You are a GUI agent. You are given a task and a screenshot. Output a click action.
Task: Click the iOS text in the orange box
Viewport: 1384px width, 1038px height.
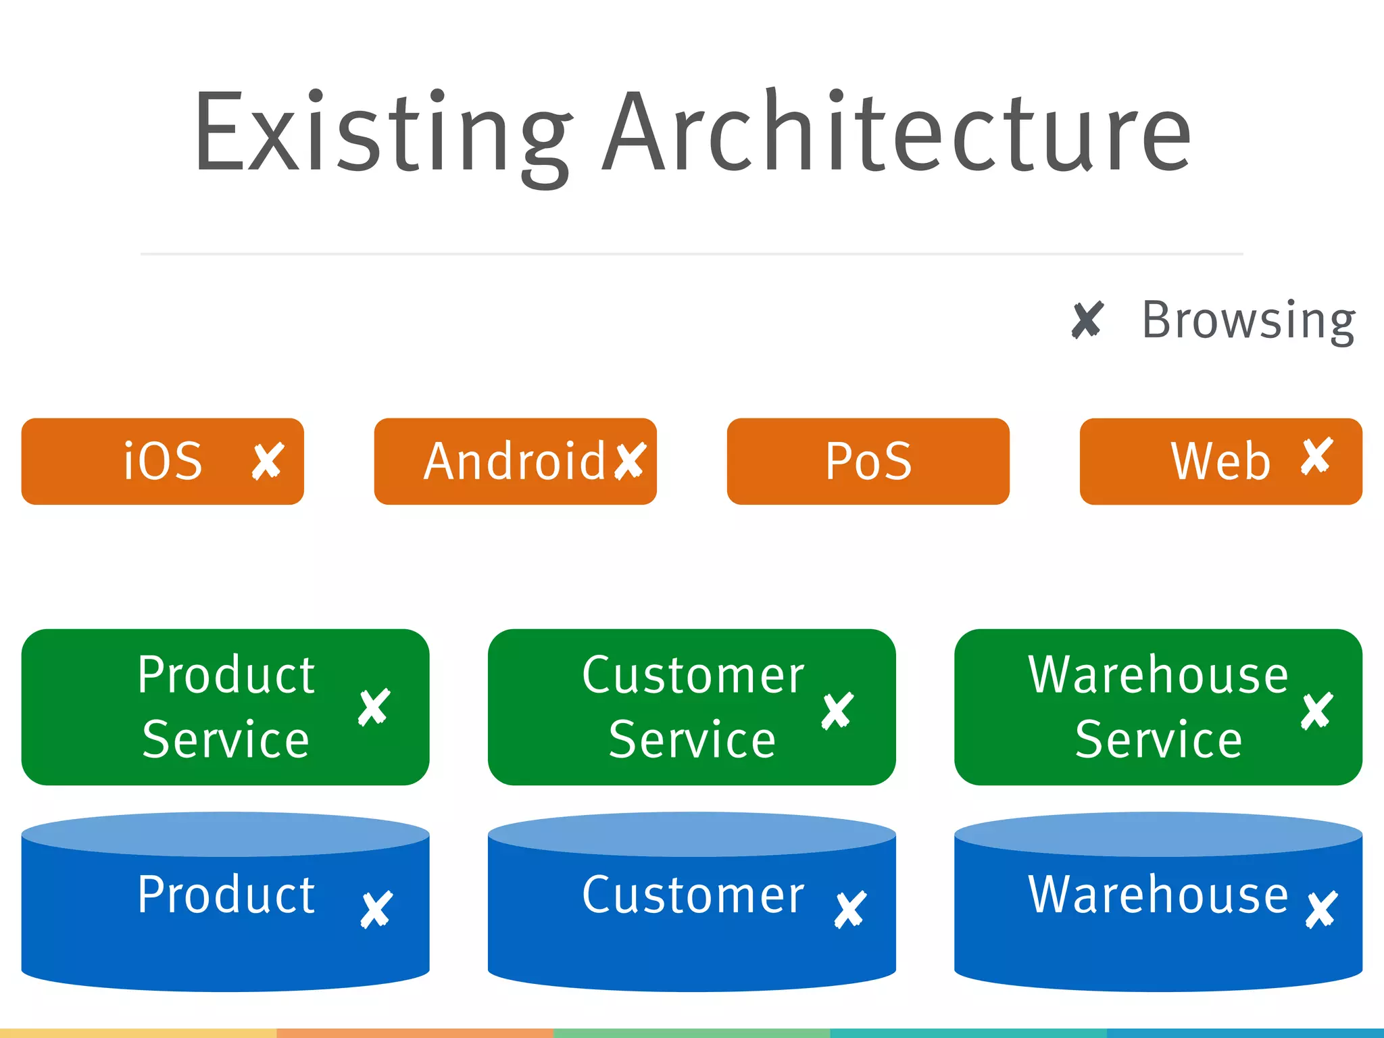(x=163, y=462)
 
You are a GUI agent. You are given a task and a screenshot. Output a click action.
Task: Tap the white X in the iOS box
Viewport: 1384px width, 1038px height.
(x=268, y=462)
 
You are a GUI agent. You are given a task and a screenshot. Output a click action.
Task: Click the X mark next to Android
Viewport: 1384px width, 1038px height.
(x=631, y=461)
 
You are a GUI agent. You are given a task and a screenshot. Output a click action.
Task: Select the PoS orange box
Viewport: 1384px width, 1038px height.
(x=868, y=462)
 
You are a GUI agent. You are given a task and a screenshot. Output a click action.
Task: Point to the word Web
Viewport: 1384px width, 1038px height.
(x=1220, y=462)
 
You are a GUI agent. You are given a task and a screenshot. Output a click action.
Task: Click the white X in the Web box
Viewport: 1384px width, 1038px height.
(x=1316, y=457)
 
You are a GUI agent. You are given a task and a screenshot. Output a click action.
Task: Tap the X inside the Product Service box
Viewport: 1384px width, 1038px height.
(x=374, y=707)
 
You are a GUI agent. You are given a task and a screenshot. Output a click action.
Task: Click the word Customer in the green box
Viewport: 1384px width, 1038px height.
(x=693, y=675)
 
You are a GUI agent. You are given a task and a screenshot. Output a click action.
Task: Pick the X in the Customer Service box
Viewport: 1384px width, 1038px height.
(x=837, y=711)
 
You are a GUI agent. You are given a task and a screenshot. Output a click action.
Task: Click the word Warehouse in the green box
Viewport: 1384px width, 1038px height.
(x=1158, y=675)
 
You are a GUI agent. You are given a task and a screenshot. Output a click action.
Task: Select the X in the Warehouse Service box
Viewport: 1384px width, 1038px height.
(x=1316, y=711)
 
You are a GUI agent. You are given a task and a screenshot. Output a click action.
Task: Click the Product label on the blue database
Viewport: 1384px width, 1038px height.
(x=226, y=895)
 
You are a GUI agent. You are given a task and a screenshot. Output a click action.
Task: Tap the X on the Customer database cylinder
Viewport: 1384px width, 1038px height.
(x=850, y=910)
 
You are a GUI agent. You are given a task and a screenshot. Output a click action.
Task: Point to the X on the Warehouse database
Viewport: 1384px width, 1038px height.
(x=1321, y=910)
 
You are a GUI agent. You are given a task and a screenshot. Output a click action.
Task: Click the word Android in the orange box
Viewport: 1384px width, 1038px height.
(x=514, y=462)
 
